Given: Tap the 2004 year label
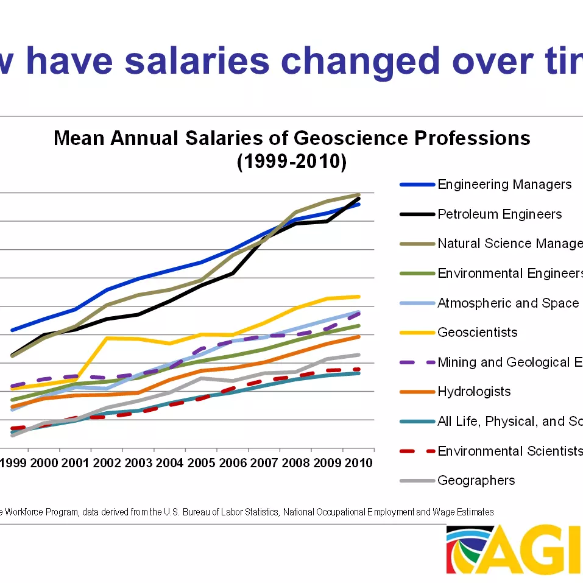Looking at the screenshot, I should click(169, 463).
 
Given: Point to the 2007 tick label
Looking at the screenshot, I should click(264, 463).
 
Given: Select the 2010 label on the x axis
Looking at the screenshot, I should click(358, 463).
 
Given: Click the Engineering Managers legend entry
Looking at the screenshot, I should click(504, 184).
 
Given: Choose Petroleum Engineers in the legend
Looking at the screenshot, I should click(500, 214).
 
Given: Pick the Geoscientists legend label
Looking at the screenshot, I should click(478, 332).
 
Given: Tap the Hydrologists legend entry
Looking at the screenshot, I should click(474, 391).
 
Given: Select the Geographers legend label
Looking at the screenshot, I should click(476, 480).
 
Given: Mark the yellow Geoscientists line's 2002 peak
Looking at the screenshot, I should click(107, 338).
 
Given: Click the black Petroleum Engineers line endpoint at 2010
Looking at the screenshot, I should click(358, 199).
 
